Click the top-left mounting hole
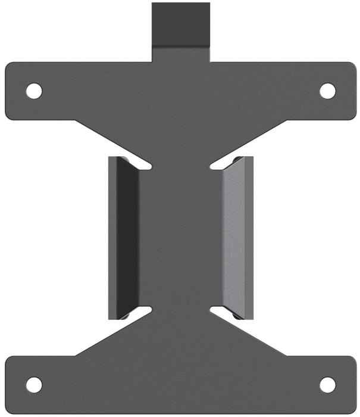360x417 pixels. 34,91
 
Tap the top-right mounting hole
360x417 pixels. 327,91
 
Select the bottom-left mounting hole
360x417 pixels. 34,385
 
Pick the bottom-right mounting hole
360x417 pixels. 327,385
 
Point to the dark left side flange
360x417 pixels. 123,238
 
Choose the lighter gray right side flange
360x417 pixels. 237,238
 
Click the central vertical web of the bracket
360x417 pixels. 180,238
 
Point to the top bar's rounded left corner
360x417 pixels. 9,66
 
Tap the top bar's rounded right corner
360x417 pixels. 352,66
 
